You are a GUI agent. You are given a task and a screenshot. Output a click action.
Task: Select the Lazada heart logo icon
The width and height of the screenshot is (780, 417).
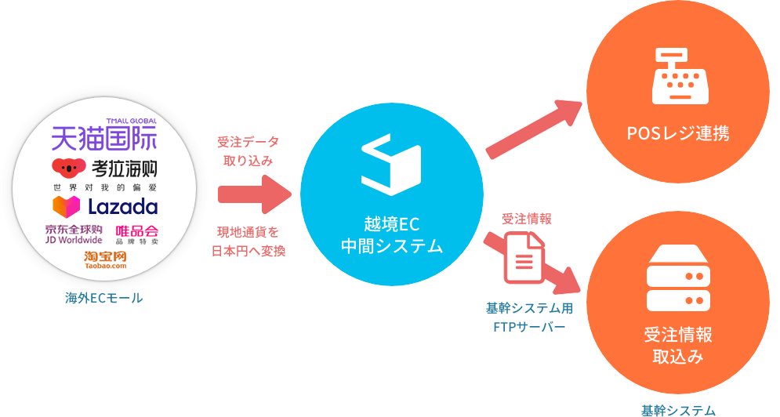tap(66, 207)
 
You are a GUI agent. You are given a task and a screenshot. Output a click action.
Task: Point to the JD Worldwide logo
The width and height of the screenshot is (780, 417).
tap(74, 234)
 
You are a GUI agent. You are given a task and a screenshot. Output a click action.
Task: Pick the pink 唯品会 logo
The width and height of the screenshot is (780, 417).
tap(137, 234)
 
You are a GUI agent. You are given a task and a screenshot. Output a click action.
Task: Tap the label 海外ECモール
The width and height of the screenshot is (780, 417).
tap(103, 299)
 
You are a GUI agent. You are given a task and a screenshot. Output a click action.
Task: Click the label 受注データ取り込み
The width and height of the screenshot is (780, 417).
tap(249, 151)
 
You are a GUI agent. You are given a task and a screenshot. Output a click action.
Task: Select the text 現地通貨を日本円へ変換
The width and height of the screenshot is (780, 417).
tap(248, 241)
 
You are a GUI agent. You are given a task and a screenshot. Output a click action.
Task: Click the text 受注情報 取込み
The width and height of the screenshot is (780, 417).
tap(678, 346)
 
